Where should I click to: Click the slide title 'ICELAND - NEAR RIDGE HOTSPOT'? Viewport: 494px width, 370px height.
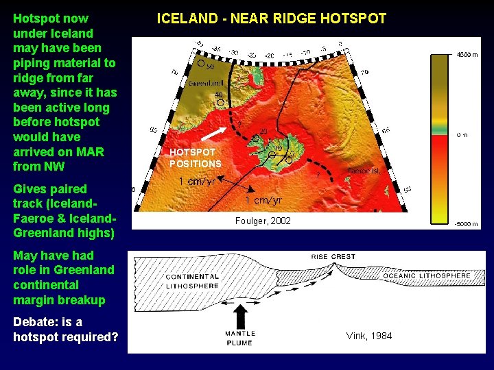point(272,18)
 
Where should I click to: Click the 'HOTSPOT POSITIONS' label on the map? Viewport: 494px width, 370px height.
point(196,158)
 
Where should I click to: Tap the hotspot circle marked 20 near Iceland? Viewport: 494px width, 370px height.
point(255,138)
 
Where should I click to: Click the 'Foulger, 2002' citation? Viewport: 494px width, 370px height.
point(263,221)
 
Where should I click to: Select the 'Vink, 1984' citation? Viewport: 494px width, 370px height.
point(369,336)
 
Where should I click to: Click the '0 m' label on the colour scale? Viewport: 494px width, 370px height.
point(462,135)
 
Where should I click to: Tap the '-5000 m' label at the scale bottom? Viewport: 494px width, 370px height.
point(467,224)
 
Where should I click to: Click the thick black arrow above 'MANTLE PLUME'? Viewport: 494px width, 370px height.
point(240,317)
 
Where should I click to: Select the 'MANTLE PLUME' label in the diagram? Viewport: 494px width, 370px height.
point(240,338)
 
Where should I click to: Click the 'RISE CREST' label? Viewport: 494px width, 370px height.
point(333,257)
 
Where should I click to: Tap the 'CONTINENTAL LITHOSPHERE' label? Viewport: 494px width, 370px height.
point(192,281)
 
